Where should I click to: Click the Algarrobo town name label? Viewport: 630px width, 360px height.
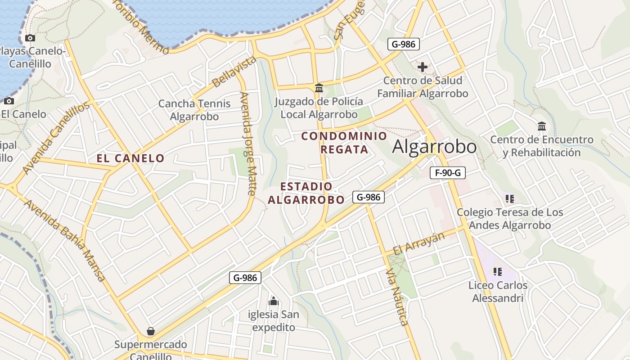click(x=434, y=147)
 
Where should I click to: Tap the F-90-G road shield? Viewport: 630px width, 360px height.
click(x=447, y=173)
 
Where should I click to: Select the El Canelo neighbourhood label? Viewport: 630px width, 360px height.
click(x=130, y=158)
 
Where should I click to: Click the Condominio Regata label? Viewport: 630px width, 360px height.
click(x=344, y=142)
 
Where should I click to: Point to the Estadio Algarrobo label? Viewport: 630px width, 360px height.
click(x=306, y=193)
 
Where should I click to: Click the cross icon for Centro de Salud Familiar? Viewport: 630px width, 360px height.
click(x=423, y=67)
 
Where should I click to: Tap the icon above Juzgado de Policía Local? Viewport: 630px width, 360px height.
click(x=319, y=88)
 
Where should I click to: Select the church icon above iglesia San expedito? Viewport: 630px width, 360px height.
click(x=273, y=301)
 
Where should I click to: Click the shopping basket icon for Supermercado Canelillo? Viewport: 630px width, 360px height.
click(x=151, y=332)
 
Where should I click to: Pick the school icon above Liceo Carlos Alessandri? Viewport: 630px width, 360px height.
click(x=497, y=271)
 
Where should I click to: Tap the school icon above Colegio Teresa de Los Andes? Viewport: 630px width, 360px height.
click(x=510, y=198)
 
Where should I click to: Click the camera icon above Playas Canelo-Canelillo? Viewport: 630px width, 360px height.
click(x=30, y=38)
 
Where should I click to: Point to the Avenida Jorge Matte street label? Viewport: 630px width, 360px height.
click(x=248, y=144)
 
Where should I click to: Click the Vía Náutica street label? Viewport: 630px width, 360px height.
click(x=397, y=297)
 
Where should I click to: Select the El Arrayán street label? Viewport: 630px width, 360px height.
click(x=418, y=243)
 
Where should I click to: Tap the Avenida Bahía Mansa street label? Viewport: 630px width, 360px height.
click(x=65, y=240)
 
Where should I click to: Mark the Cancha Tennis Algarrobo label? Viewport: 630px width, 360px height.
click(x=194, y=110)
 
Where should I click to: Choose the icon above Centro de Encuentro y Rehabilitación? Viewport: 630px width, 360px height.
click(x=542, y=126)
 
